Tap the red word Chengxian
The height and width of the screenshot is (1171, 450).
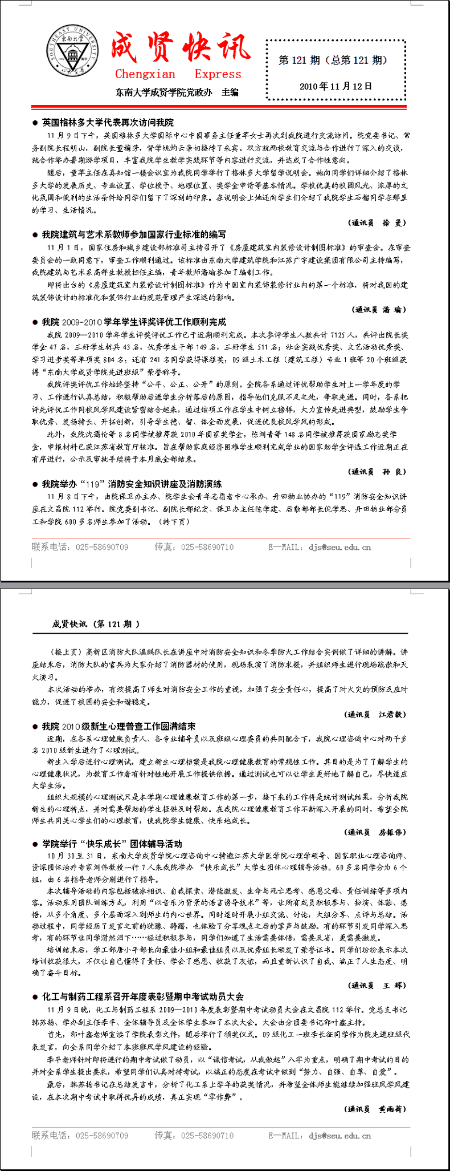click(x=145, y=74)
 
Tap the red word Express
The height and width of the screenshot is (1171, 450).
click(x=218, y=74)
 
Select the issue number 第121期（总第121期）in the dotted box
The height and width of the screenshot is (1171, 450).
click(x=333, y=60)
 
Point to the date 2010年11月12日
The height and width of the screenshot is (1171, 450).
click(x=336, y=87)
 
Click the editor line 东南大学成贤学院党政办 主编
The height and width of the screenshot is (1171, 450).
click(x=177, y=92)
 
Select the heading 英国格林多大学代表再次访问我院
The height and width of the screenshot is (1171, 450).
click(x=107, y=123)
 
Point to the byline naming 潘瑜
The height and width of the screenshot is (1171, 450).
click(x=379, y=310)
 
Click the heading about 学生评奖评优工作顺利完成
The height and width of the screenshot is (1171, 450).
click(x=134, y=322)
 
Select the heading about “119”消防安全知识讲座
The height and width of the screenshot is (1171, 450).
click(x=132, y=484)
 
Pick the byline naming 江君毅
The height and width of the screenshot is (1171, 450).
click(x=376, y=714)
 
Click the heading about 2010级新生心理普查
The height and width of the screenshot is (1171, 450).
click(x=118, y=727)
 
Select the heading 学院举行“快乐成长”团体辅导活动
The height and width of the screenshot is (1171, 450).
click(x=112, y=844)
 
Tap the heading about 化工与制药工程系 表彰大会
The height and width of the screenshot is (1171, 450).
click(x=142, y=997)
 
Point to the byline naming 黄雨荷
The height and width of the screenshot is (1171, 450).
click(x=376, y=1109)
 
